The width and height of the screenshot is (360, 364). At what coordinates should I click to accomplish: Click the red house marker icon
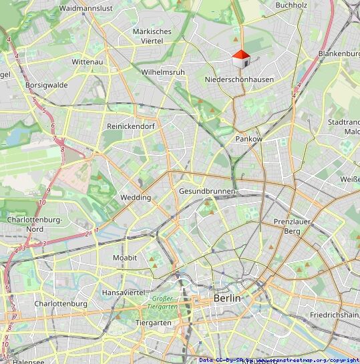(240, 59)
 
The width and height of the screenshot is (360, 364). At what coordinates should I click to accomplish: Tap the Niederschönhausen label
(238, 79)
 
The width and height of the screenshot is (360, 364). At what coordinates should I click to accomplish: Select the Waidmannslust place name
(86, 8)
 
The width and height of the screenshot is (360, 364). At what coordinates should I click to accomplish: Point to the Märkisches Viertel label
(152, 36)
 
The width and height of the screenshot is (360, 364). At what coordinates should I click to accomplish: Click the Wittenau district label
(87, 61)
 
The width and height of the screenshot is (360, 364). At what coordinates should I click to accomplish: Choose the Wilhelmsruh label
(163, 71)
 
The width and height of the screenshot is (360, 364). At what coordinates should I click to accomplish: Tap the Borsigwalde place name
(46, 85)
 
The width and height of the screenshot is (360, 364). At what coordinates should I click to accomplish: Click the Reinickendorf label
(131, 126)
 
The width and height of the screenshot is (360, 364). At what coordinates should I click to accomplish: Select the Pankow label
(248, 139)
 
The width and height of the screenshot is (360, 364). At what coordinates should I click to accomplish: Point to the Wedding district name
(135, 198)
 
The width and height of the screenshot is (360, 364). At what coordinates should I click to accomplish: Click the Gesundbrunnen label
(207, 192)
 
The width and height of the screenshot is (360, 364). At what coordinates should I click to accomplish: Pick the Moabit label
(125, 258)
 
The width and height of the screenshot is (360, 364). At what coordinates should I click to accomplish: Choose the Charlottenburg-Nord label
(34, 224)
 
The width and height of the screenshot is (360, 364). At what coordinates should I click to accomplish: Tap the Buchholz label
(291, 5)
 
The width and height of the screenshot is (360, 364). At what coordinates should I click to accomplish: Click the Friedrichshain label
(335, 314)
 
